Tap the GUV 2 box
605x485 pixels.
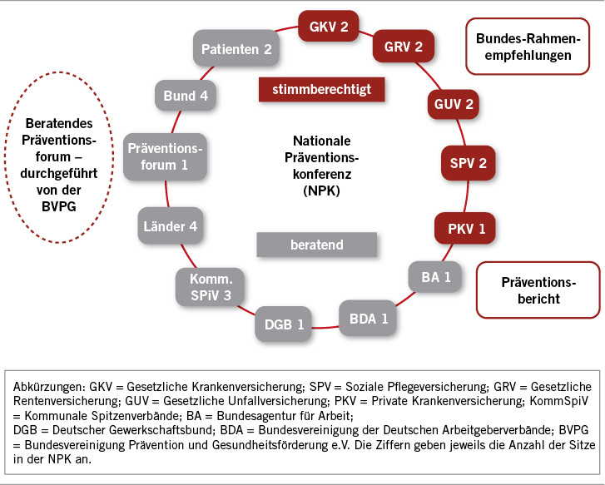point(454,105)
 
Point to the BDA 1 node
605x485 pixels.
point(368,317)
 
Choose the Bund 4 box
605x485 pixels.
point(186,96)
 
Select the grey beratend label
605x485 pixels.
point(316,245)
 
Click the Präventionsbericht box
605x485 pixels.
point(537,289)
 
